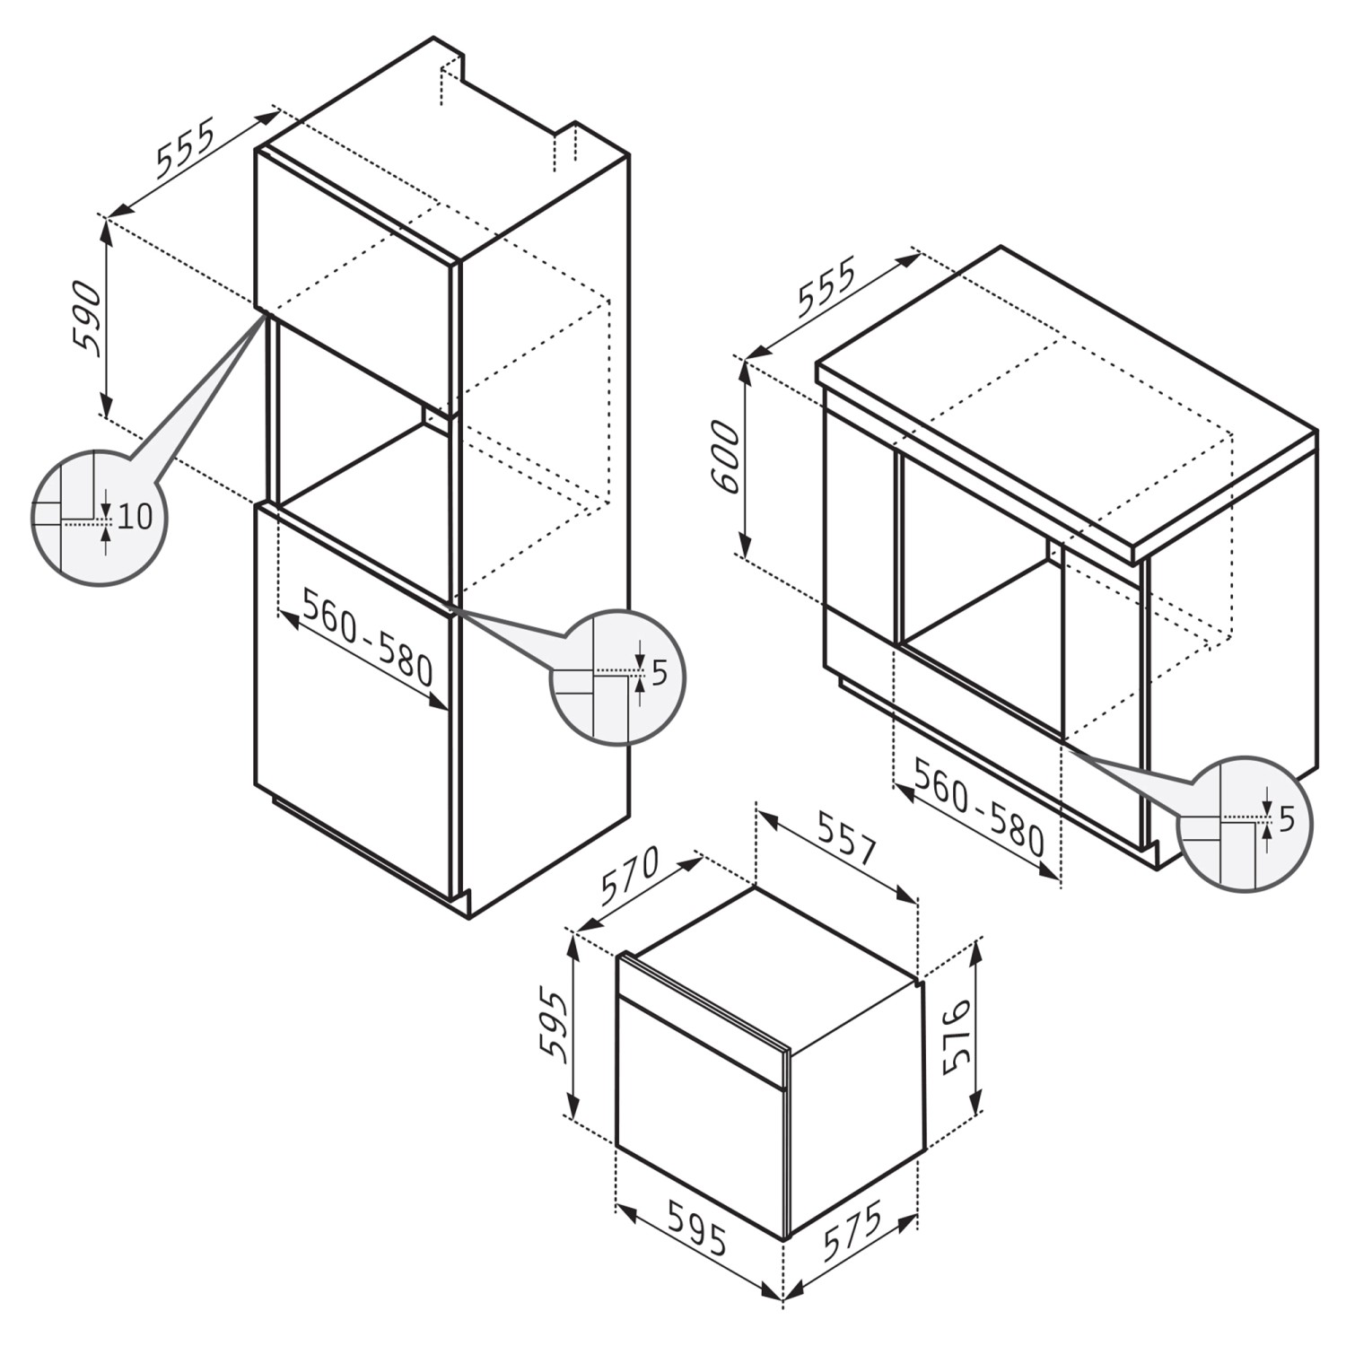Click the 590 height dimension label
click(86, 318)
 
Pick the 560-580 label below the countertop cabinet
click(980, 804)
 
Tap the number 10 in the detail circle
click(135, 516)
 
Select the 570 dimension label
click(631, 875)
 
